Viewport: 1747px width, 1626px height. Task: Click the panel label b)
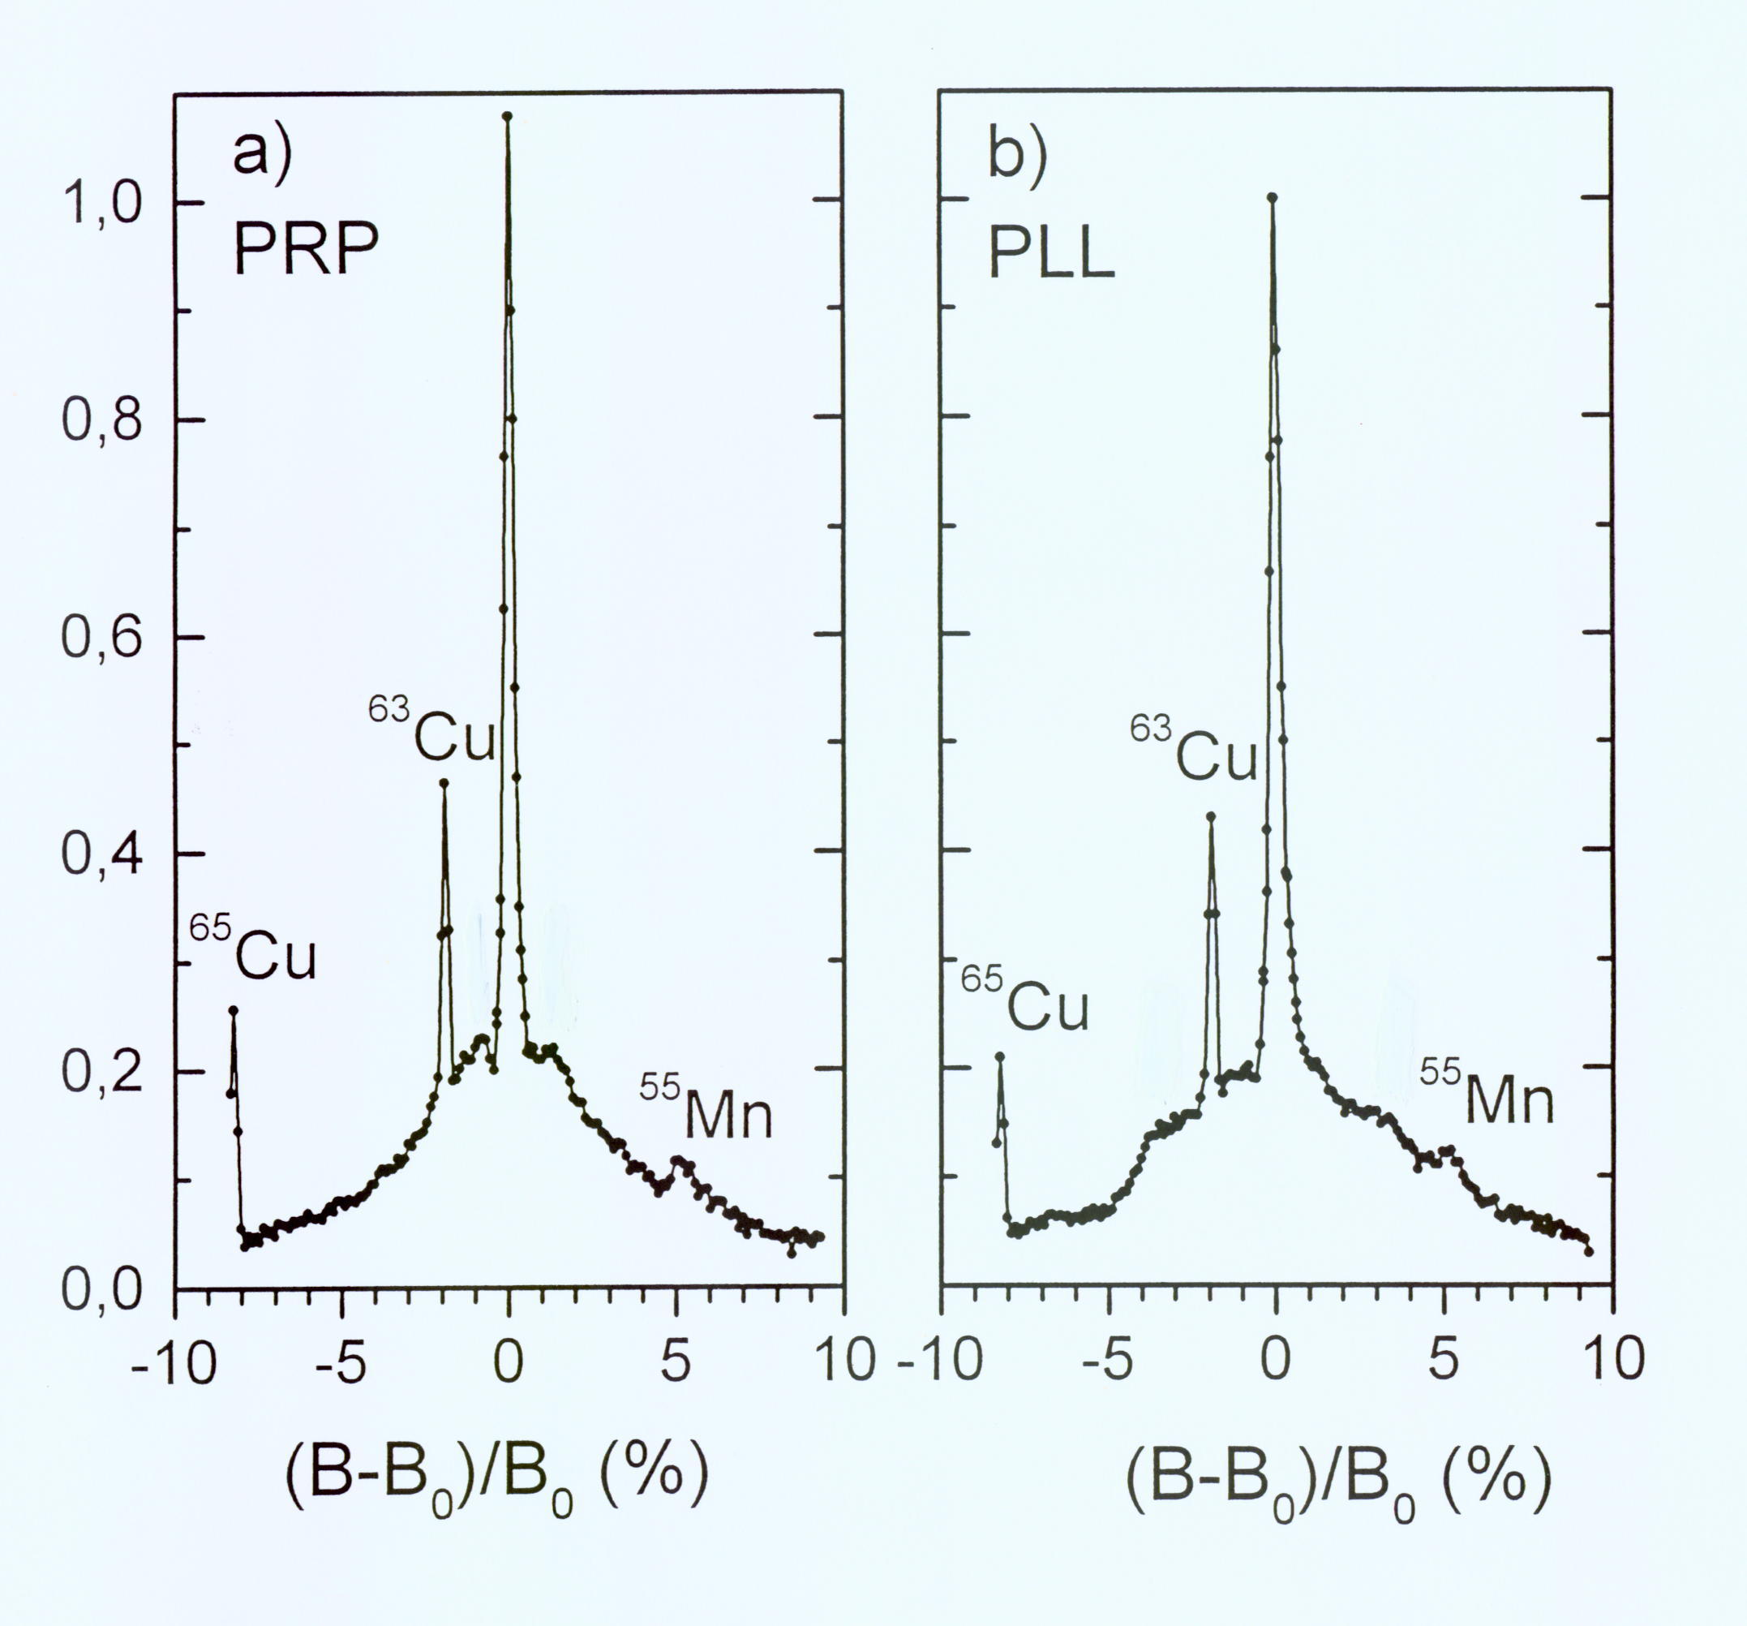coord(1017,159)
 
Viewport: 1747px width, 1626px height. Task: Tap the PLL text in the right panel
coord(1051,255)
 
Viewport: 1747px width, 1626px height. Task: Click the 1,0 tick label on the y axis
coord(103,203)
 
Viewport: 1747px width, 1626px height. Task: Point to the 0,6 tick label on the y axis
coord(103,637)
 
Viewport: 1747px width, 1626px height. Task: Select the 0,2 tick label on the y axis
coord(103,1071)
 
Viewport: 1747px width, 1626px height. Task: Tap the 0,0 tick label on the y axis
coord(103,1289)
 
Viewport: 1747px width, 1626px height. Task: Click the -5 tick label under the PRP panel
coord(340,1361)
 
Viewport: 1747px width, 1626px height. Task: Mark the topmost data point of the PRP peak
coord(507,115)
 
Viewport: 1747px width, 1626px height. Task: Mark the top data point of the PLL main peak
coord(1272,197)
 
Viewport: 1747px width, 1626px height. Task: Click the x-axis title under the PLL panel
coord(1337,1482)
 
